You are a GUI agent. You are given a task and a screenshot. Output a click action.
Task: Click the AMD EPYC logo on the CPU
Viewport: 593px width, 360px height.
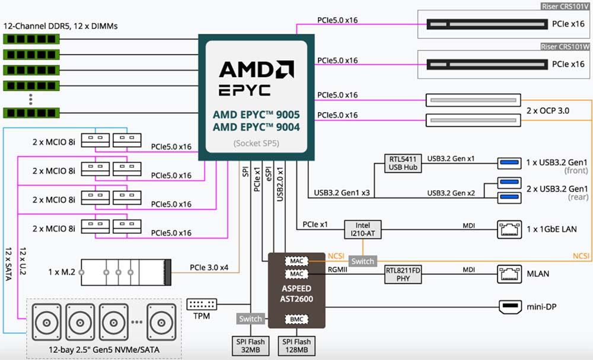pos(256,78)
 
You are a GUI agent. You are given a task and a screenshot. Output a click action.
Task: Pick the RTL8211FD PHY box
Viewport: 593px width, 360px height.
pos(403,274)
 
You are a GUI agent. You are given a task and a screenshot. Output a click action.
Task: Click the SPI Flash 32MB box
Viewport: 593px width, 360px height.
pos(249,346)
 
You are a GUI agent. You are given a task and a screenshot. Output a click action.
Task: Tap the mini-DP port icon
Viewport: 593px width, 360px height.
pos(509,307)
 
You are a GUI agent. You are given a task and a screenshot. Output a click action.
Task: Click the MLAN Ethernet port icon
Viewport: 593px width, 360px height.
pos(509,274)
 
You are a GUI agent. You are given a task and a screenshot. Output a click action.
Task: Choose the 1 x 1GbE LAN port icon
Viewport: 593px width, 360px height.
pos(509,229)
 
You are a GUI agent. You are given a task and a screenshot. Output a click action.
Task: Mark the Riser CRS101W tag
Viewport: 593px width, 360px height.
pos(565,46)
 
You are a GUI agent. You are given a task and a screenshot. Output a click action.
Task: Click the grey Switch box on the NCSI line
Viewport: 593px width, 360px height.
pos(362,261)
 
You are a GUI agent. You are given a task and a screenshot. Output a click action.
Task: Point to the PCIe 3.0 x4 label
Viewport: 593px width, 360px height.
pos(209,267)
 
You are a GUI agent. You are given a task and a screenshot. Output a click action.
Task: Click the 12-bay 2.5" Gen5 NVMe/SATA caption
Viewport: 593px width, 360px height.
pos(104,351)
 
